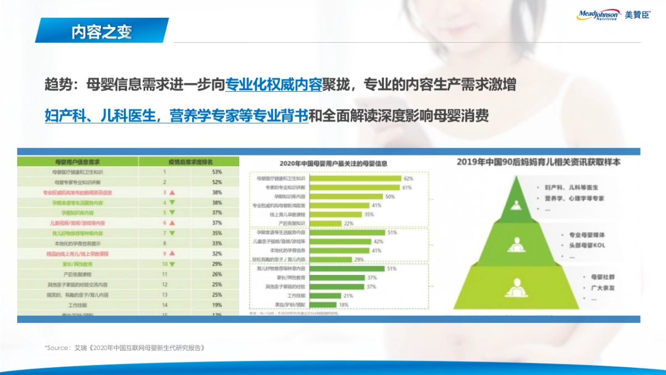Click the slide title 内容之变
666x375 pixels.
point(102,32)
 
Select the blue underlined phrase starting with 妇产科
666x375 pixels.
point(176,116)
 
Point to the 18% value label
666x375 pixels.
point(344,304)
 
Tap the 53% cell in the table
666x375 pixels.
point(216,172)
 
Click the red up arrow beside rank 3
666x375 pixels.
point(172,192)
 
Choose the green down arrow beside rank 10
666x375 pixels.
point(172,263)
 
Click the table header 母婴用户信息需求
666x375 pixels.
point(78,162)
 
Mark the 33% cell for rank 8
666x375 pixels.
point(216,243)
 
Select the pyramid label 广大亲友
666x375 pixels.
point(574,287)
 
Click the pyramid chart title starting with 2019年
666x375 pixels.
point(538,162)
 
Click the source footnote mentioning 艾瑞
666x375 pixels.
point(125,348)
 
